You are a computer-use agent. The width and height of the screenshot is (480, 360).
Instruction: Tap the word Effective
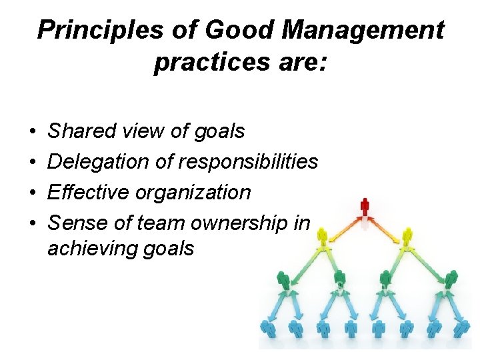tap(89, 193)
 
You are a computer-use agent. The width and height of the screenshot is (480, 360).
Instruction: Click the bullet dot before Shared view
tap(33, 132)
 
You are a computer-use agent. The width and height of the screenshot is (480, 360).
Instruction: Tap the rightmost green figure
tap(451, 281)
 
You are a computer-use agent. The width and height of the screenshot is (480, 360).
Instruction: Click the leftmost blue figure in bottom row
tap(268, 328)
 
